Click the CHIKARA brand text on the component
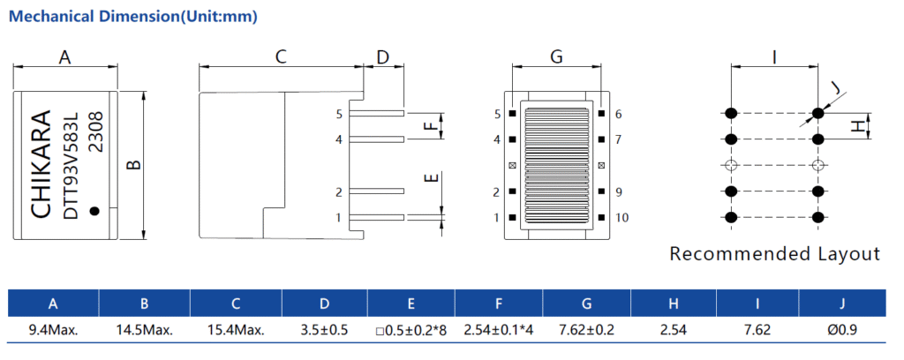pyautogui.click(x=41, y=165)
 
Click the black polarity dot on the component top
pyautogui.click(x=95, y=210)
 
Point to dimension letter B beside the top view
pyautogui.click(x=133, y=165)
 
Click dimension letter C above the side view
pyautogui.click(x=281, y=57)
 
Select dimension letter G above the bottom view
pyautogui.click(x=556, y=57)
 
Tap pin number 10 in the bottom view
pyautogui.click(x=621, y=217)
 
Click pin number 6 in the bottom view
pyautogui.click(x=618, y=114)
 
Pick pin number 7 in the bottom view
pyautogui.click(x=618, y=139)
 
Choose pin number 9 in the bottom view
pyautogui.click(x=618, y=191)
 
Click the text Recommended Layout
pyautogui.click(x=774, y=254)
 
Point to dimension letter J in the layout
pyautogui.click(x=836, y=88)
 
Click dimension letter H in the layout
pyautogui.click(x=856, y=126)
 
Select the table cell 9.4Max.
pyautogui.click(x=53, y=330)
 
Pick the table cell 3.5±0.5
pyautogui.click(x=324, y=330)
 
